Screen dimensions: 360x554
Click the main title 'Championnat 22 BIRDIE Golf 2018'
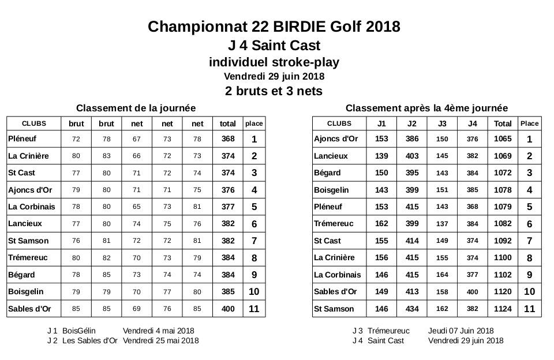pyautogui.click(x=274, y=27)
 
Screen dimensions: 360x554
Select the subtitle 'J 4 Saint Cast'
pyautogui.click(x=274, y=45)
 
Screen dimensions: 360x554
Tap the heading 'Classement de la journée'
pyautogui.click(x=136, y=108)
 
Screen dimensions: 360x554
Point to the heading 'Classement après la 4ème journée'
pyautogui.click(x=426, y=108)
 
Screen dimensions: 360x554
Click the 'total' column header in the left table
pyautogui.click(x=228, y=123)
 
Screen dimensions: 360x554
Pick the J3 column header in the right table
pyautogui.click(x=442, y=123)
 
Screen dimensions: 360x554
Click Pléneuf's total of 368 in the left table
pyautogui.click(x=228, y=139)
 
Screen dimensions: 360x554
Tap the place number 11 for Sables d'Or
pyautogui.click(x=254, y=309)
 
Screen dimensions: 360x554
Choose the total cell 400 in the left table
pyautogui.click(x=228, y=309)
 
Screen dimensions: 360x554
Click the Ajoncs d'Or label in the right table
pyautogui.click(x=336, y=139)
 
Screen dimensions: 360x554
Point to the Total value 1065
pyautogui.click(x=503, y=139)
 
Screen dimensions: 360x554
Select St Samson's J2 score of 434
pyautogui.click(x=411, y=309)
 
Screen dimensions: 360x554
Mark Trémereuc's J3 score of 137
pyautogui.click(x=442, y=224)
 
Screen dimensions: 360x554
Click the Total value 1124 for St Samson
pyautogui.click(x=503, y=309)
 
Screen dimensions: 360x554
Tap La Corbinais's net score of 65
pyautogui.click(x=137, y=207)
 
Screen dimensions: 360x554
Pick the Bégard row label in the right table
pyautogui.click(x=327, y=173)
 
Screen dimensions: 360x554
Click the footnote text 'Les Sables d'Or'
pyautogui.click(x=89, y=340)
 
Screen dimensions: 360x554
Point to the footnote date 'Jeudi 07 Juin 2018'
pyautogui.click(x=461, y=331)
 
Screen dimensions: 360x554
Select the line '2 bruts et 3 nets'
pyautogui.click(x=274, y=91)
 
